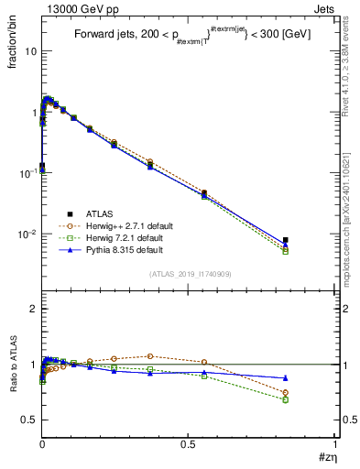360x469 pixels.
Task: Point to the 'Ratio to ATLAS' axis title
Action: click(12, 364)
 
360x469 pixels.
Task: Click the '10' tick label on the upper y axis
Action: click(29, 51)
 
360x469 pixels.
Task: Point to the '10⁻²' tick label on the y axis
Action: click(27, 234)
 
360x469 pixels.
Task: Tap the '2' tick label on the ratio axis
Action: click(32, 310)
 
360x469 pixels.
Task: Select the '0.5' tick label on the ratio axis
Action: click(28, 420)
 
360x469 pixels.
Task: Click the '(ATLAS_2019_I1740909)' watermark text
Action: click(191, 273)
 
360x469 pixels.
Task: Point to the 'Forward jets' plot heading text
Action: click(106, 35)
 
